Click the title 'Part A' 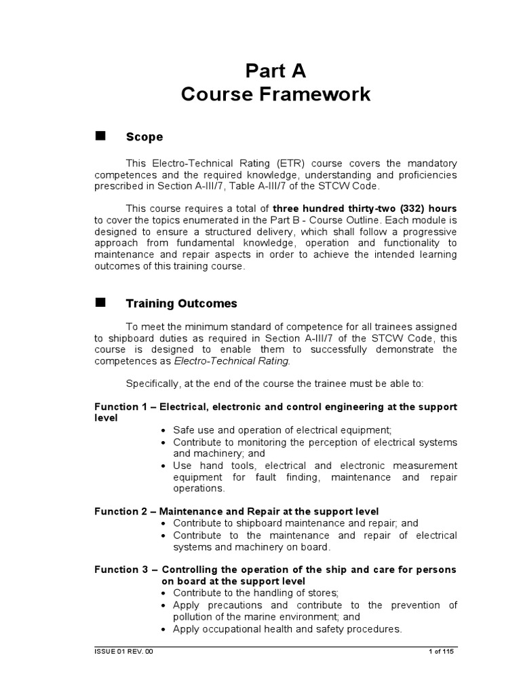pyautogui.click(x=275, y=71)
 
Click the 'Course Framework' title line pyautogui.click(x=275, y=94)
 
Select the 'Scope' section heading pyautogui.click(x=144, y=137)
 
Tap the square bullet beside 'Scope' pyautogui.click(x=100, y=135)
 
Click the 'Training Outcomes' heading pyautogui.click(x=182, y=303)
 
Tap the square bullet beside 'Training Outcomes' pyautogui.click(x=100, y=302)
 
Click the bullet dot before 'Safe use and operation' pyautogui.click(x=164, y=430)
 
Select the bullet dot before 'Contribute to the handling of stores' pyautogui.click(x=164, y=593)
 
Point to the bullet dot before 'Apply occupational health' pyautogui.click(x=164, y=629)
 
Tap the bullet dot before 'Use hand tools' pyautogui.click(x=164, y=466)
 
